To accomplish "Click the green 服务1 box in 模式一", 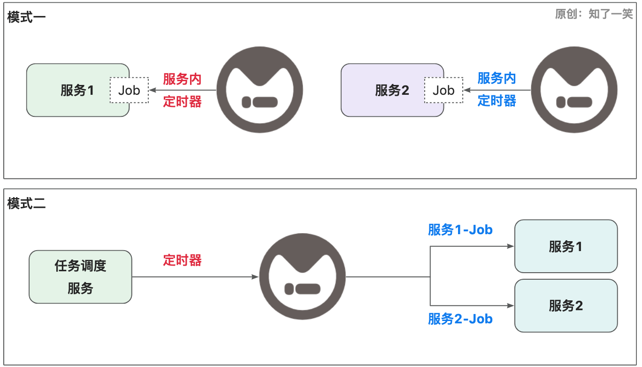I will tap(70, 90).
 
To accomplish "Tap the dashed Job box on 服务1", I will tap(129, 90).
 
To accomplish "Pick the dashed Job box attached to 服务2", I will tap(443, 90).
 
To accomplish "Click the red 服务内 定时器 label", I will tap(183, 90).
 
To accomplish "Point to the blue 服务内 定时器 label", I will tap(497, 90).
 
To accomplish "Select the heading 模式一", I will tap(26, 17).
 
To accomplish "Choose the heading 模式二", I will tap(26, 204).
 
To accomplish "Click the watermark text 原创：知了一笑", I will tap(594, 15).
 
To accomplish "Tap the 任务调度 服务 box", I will tap(80, 277).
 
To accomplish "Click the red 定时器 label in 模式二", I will tap(183, 260).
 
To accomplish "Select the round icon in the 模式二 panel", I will tap(302, 277).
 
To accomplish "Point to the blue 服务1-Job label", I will tap(460, 230).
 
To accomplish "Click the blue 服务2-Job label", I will tap(460, 319).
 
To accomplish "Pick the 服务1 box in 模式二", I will tap(566, 246).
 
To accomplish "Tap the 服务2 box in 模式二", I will tap(566, 306).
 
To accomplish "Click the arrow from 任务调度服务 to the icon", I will tap(195, 277).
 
